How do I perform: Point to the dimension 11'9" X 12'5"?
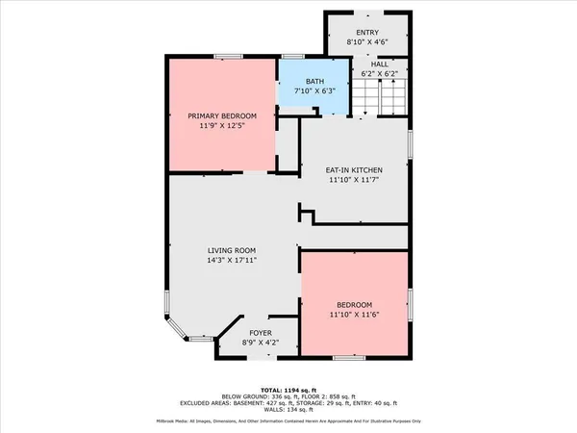pyautogui.click(x=223, y=125)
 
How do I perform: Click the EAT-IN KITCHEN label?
pyautogui.click(x=355, y=170)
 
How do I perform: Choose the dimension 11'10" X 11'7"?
pyautogui.click(x=355, y=180)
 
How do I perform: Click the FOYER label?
pyautogui.click(x=248, y=332)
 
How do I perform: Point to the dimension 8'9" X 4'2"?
pyautogui.click(x=248, y=342)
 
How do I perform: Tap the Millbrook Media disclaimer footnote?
pyautogui.click(x=288, y=420)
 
